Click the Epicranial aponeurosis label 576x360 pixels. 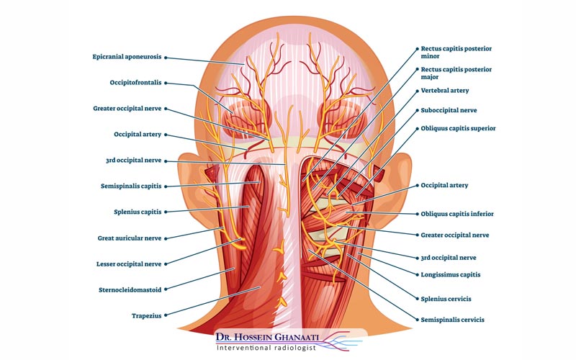tap(127, 56)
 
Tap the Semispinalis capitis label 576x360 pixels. tap(131, 186)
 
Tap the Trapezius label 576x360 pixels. tap(146, 315)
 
